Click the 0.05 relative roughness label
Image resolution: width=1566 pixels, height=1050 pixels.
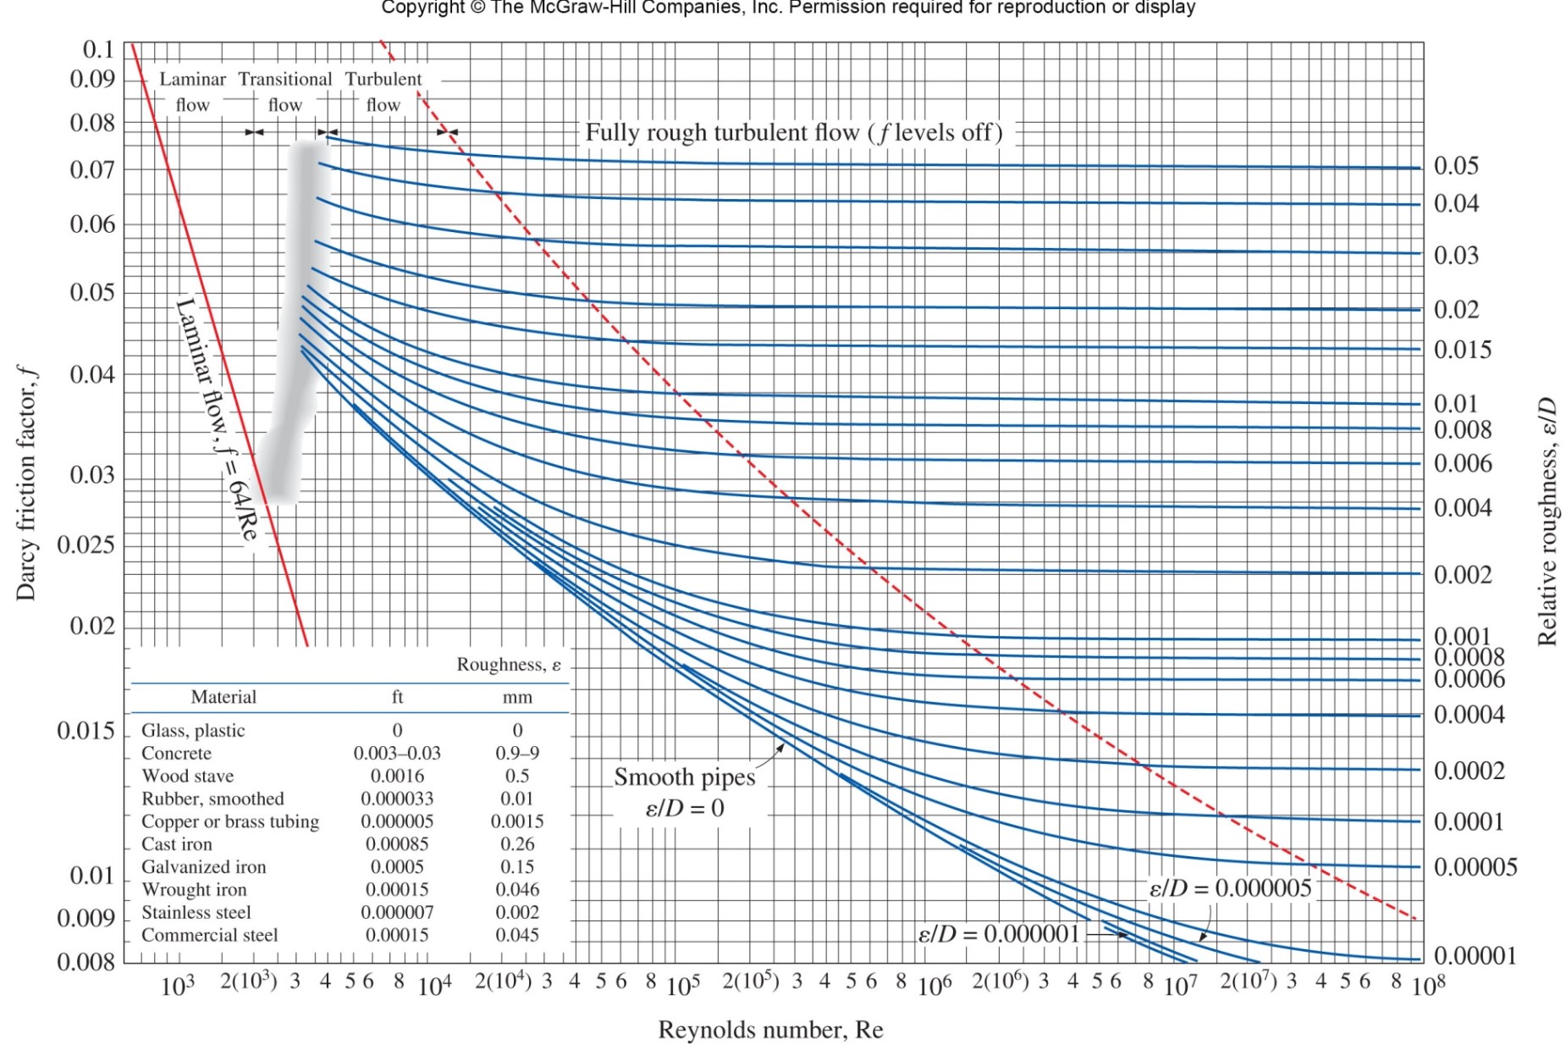coord(1456,166)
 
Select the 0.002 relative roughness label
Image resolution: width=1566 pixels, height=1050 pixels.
coord(1462,575)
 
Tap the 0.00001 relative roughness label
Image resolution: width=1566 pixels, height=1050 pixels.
coord(1475,956)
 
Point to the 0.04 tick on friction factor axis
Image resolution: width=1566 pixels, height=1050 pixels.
coord(91,374)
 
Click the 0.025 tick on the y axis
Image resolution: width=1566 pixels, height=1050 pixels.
coord(85,544)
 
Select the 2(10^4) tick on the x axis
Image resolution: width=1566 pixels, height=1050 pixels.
coord(503,982)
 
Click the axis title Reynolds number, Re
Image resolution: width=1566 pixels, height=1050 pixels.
coord(770,1030)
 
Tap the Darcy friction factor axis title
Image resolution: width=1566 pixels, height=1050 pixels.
coord(26,483)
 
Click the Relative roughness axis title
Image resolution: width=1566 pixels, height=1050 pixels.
coord(1547,521)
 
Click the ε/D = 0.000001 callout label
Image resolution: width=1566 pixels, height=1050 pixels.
coord(999,934)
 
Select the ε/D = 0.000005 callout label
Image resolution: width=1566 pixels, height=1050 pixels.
coord(1230,888)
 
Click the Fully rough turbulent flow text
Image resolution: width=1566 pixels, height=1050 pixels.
coord(793,133)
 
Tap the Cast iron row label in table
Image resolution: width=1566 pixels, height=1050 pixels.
coord(177,844)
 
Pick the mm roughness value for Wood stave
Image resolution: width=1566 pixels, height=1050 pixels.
coord(517,776)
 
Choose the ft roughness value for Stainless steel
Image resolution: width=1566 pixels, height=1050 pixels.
coord(397,913)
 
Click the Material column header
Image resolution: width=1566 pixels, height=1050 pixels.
coord(223,697)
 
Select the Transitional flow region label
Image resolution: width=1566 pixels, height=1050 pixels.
coord(285,91)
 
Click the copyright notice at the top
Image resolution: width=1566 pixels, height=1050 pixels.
coord(788,8)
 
